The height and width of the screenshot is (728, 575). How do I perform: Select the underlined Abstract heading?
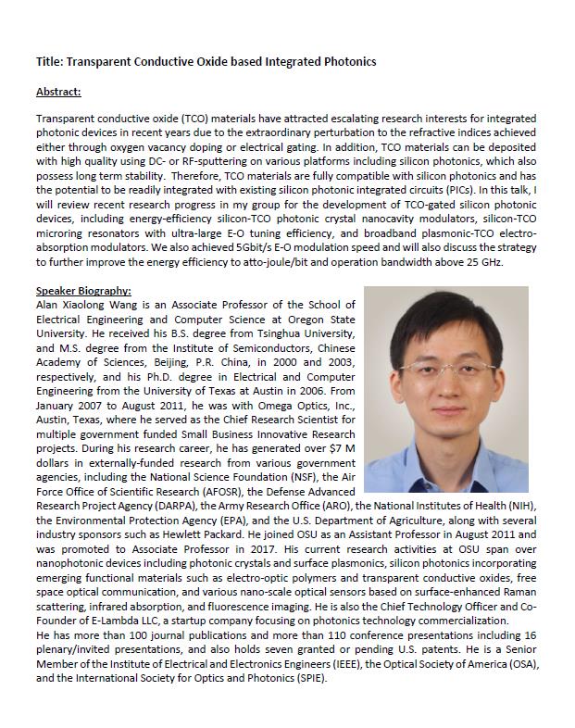(58, 91)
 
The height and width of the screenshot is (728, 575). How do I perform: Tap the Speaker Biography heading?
(83, 291)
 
